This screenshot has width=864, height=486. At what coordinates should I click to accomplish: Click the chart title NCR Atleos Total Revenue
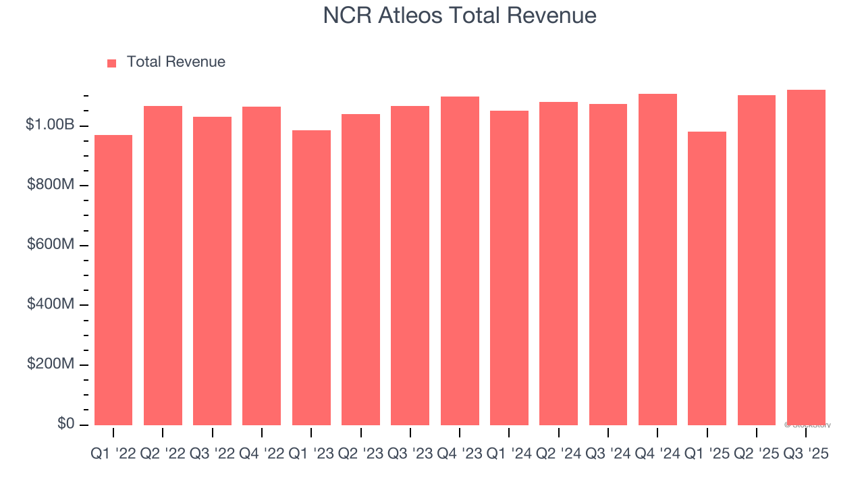[460, 16]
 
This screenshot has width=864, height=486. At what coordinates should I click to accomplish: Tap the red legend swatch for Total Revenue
[112, 63]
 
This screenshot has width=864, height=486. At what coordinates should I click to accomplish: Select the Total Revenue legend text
[175, 62]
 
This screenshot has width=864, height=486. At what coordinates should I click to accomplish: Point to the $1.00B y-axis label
[51, 125]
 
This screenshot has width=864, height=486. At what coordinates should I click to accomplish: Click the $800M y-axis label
[51, 185]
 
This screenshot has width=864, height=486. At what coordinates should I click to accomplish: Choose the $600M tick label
[51, 244]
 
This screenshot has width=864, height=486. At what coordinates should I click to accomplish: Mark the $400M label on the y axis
[51, 304]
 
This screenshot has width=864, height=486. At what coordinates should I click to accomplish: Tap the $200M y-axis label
[51, 364]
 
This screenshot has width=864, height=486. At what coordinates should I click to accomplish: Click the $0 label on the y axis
[65, 424]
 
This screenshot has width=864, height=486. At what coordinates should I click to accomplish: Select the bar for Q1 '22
[113, 280]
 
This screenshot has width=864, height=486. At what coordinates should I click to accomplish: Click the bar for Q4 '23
[460, 261]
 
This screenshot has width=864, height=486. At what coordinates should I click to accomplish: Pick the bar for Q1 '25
[707, 278]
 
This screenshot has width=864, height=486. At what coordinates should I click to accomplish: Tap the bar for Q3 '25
[806, 258]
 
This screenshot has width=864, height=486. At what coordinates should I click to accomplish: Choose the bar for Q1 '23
[311, 277]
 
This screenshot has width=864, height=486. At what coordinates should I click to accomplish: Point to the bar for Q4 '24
[657, 260]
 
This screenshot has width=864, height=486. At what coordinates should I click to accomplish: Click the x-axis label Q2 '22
[163, 454]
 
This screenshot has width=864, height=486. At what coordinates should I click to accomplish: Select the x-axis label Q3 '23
[410, 454]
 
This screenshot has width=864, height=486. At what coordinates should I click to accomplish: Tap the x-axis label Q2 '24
[558, 454]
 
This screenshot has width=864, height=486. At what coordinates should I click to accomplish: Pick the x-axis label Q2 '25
[756, 454]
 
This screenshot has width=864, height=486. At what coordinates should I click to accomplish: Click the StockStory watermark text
[808, 425]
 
